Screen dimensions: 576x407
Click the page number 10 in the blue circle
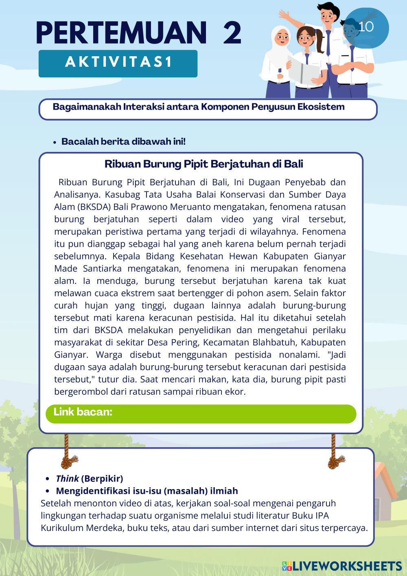click(366, 26)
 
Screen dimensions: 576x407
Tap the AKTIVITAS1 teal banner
click(118, 63)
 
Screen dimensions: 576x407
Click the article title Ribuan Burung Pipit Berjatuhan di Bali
click(203, 164)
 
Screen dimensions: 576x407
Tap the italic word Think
click(67, 478)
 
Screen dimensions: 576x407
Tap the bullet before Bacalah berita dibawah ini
click(54, 142)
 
